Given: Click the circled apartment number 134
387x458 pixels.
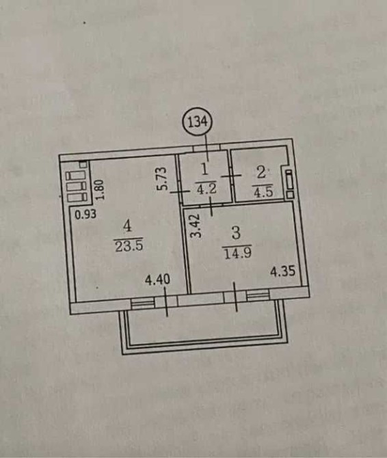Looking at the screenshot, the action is (x=198, y=122).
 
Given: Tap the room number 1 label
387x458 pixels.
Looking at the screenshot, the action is (x=205, y=170).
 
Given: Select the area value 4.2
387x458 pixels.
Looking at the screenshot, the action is (x=206, y=189).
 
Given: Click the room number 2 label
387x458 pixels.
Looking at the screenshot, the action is (x=262, y=173).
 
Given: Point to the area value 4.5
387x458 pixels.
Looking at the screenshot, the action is (x=263, y=191).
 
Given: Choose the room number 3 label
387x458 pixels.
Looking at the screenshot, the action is (x=237, y=234).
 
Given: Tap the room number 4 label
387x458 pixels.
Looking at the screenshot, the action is (x=127, y=226).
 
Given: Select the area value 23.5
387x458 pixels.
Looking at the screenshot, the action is (x=129, y=245).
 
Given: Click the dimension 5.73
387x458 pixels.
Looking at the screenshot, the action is (x=162, y=178).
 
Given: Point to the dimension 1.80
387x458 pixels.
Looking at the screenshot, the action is (x=100, y=189).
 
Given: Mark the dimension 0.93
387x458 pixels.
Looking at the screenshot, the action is (x=85, y=215).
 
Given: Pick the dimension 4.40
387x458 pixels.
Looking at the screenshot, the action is (x=157, y=280).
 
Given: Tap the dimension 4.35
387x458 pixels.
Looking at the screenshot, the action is (x=283, y=272).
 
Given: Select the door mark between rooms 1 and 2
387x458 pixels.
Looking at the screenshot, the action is (x=231, y=176).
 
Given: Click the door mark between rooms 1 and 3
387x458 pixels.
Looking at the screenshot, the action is (x=212, y=206).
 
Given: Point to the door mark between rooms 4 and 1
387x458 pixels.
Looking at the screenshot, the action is (x=180, y=192).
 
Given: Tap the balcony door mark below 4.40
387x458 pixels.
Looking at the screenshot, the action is (x=166, y=301).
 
